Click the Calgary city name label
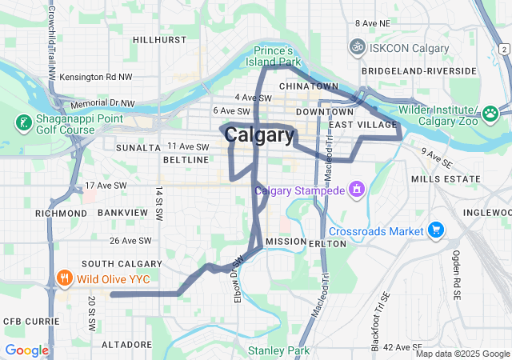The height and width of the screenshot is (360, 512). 259,135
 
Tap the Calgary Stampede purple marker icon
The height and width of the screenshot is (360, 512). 357,190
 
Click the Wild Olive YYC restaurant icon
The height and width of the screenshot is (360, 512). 65,279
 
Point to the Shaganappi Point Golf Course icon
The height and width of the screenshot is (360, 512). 24,124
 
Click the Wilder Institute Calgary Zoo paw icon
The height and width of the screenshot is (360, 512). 490,114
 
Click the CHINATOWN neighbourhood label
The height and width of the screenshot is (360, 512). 309,86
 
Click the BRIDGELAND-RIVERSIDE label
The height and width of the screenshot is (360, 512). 430,70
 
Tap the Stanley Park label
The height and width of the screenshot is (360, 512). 278,350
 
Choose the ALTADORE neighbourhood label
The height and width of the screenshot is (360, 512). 126,343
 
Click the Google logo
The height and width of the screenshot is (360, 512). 26,350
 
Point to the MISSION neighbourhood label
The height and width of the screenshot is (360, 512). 286,241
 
